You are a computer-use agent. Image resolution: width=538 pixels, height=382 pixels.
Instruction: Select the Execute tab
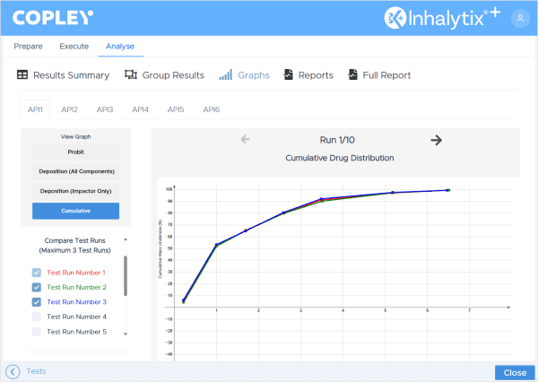point(74,46)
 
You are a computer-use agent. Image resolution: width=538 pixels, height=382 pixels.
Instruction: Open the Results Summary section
point(63,75)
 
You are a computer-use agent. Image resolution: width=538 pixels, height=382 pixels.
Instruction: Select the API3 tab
point(105,109)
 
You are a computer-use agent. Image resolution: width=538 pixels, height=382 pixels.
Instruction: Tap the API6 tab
point(211,109)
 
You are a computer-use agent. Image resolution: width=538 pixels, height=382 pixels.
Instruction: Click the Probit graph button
point(75,152)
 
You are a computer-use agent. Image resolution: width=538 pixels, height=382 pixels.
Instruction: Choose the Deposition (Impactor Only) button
point(75,190)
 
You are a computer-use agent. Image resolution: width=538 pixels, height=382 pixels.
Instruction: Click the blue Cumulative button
point(75,211)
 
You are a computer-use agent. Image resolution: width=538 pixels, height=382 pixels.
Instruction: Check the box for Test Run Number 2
point(37,287)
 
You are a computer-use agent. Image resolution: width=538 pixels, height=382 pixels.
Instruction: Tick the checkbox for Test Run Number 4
point(37,317)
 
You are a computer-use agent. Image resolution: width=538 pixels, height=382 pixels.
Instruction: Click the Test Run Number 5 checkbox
point(37,332)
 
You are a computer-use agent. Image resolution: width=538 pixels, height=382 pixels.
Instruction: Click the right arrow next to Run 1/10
point(437,140)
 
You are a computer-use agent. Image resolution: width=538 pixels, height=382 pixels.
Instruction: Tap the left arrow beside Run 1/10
point(245,140)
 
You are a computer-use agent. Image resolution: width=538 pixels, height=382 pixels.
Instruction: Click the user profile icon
point(519,18)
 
